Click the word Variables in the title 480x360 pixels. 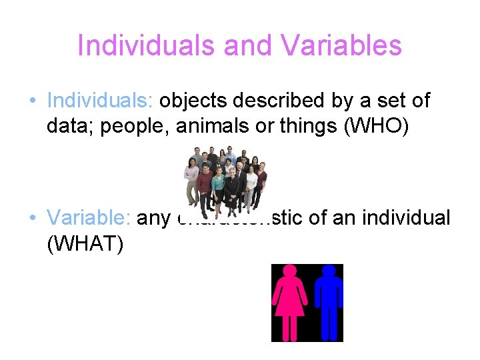point(341,46)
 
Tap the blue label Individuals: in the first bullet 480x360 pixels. point(101,101)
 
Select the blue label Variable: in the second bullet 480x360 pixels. point(89,218)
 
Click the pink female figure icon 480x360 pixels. point(290,303)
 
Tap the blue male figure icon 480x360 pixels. point(328,303)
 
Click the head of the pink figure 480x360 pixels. point(290,271)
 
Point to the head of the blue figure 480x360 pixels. point(328,271)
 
